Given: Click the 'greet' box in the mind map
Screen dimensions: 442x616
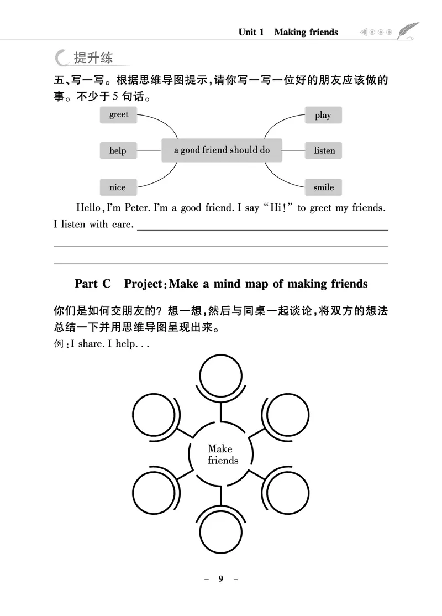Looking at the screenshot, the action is click(118, 114).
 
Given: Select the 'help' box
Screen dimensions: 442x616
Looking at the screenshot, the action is click(118, 150).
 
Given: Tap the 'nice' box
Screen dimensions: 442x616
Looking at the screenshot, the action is click(117, 187).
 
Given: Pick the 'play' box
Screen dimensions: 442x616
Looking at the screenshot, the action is click(323, 115).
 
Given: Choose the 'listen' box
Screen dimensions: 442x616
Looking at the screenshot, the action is click(324, 150).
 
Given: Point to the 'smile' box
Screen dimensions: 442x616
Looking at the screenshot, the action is click(323, 187).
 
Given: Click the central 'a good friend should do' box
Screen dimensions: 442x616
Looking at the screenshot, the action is click(222, 150).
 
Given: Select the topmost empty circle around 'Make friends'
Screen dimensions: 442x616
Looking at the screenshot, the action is click(221, 375).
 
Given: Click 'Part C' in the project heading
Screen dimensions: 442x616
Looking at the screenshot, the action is click(93, 284).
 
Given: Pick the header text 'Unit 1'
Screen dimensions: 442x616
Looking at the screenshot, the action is click(251, 32).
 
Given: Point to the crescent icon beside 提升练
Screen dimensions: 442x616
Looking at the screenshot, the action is click(62, 58).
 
